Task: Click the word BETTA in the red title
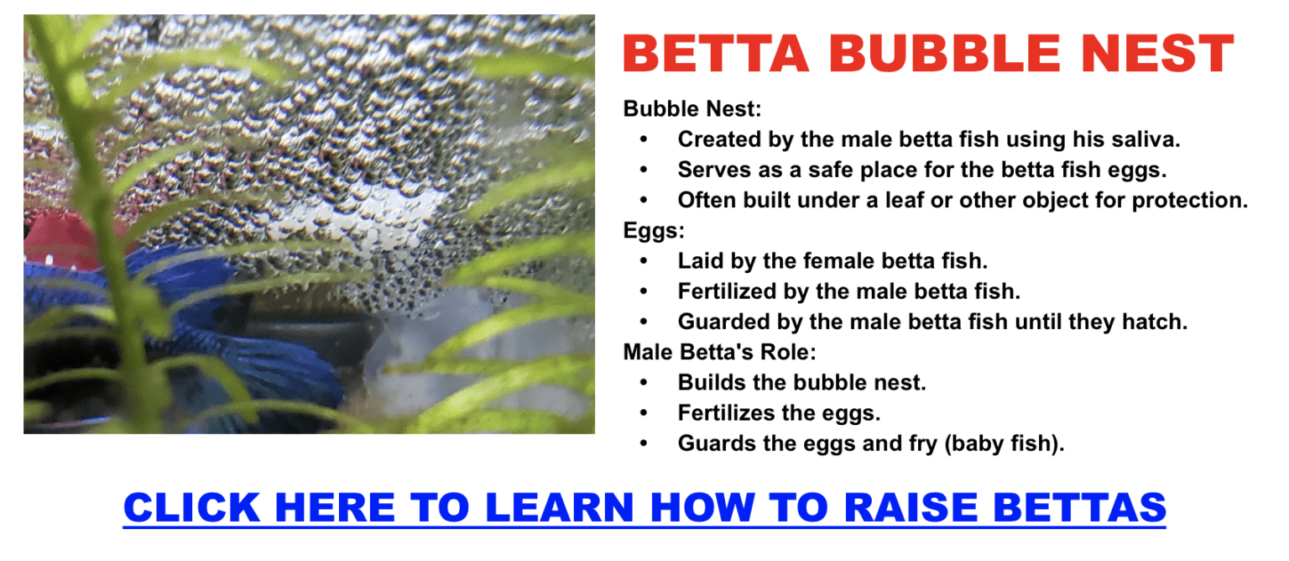(716, 55)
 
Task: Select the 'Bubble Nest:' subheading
(691, 109)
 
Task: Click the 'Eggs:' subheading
(654, 231)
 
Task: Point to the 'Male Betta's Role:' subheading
(719, 352)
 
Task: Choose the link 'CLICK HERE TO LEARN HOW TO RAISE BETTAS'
(644, 508)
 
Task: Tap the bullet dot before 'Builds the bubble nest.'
(644, 383)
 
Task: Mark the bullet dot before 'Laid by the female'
(644, 261)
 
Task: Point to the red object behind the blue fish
(59, 239)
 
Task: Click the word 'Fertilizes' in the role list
(728, 413)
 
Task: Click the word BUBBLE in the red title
(932, 55)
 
